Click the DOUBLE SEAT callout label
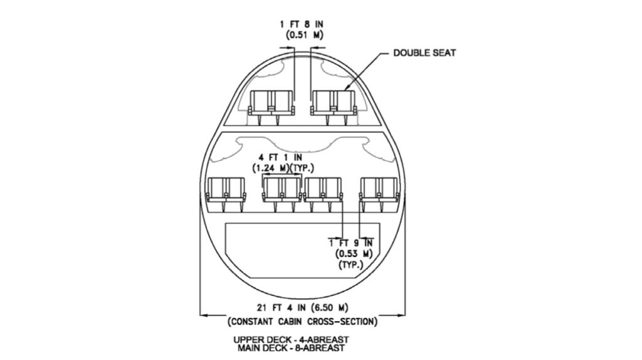pos(424,52)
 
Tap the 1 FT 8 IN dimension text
pos(302,24)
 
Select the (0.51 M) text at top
pos(302,35)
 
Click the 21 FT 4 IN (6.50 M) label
pos(302,307)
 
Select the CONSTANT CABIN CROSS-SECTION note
pos(302,322)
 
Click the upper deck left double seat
pos(271,102)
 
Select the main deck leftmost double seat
pos(225,189)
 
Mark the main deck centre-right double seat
pos(323,189)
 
